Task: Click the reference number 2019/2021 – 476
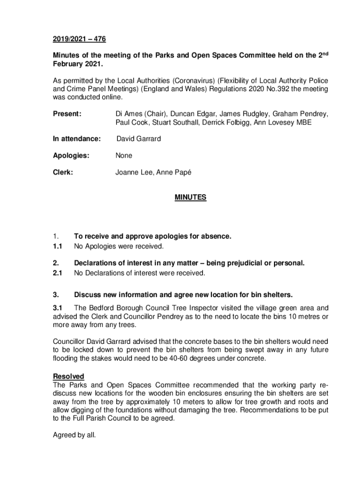76,40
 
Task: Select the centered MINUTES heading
190,198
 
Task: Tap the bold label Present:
67,114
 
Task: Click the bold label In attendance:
77,139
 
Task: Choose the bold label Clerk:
63,173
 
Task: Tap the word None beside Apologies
124,156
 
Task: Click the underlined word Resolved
68,377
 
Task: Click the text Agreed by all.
74,435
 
